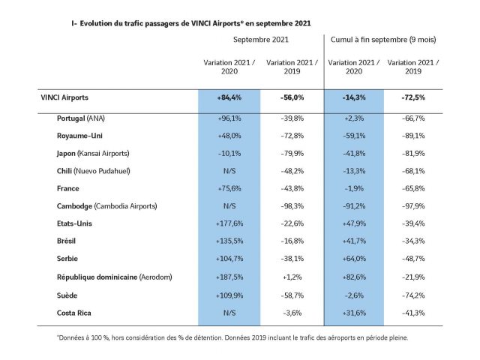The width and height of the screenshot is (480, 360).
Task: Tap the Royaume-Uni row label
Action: tap(79, 136)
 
